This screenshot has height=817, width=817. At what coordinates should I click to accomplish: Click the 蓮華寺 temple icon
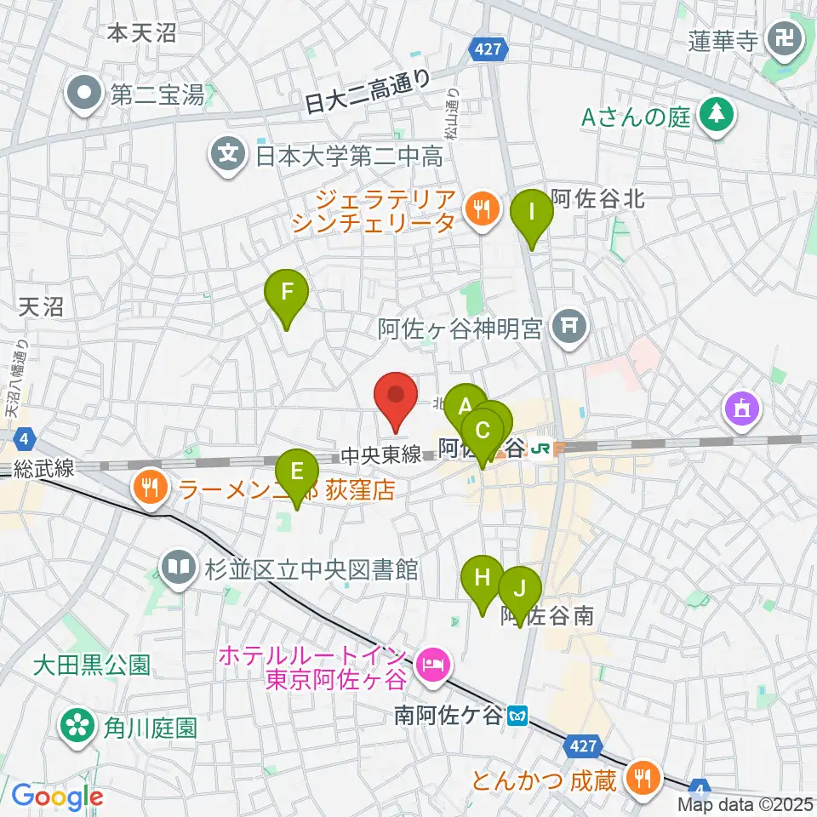[x=780, y=37]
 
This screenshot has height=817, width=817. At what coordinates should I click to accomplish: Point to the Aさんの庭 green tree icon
[x=716, y=117]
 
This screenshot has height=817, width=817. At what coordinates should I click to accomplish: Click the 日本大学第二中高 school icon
[x=228, y=156]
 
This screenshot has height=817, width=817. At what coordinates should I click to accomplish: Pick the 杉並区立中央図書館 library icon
[x=178, y=568]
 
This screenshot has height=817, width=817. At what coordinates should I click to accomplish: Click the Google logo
[x=58, y=797]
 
